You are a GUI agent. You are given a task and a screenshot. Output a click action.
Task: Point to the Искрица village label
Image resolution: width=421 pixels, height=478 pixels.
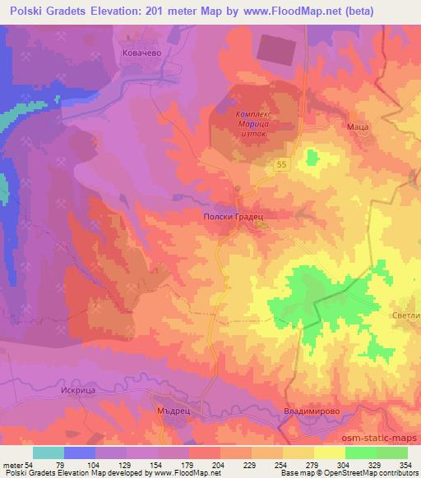click(x=57, y=392)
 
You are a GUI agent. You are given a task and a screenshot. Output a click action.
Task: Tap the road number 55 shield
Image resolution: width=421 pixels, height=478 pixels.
click(x=282, y=165)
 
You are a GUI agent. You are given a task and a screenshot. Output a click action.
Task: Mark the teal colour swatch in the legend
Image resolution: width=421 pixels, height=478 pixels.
click(x=49, y=453)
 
